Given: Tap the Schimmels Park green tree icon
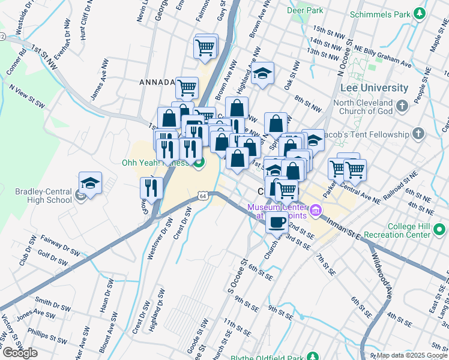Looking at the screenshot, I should (x=422, y=13).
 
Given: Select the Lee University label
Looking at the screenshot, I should (x=373, y=88).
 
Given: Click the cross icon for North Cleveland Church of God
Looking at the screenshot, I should (x=402, y=107).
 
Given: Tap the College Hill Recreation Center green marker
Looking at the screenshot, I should (x=440, y=229).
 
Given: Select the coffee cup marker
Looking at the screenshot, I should (x=277, y=221).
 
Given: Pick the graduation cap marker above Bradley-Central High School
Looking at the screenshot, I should (x=90, y=182).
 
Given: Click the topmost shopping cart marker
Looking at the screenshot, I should (x=205, y=46).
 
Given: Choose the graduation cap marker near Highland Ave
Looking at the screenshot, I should (x=262, y=74).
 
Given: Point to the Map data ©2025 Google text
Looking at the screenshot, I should (x=412, y=355).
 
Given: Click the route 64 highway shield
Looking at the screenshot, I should (x=203, y=196).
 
